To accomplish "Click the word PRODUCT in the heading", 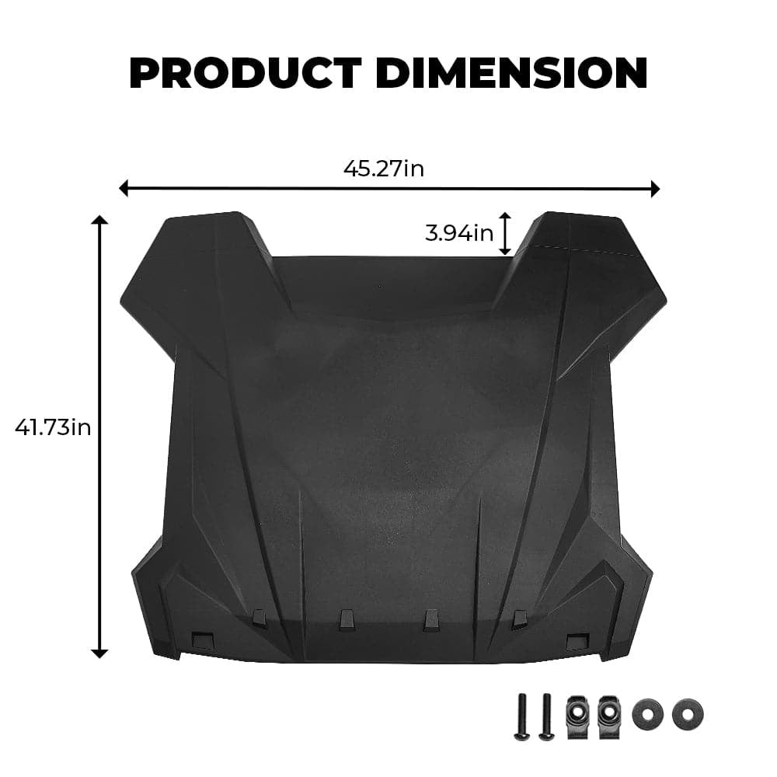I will (244, 73).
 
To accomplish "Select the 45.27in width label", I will (384, 168).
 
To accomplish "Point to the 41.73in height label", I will (53, 427).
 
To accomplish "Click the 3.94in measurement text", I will (459, 232).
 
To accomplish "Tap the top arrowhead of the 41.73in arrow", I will (99, 221).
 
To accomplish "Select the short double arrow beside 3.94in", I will (505, 233).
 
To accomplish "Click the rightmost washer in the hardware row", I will (688, 713).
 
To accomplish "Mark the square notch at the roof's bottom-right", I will (577, 642).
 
